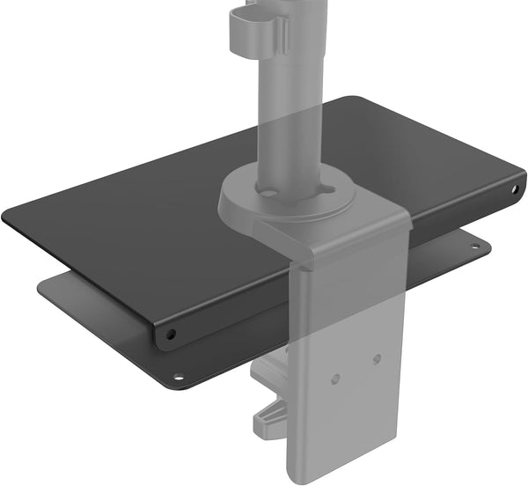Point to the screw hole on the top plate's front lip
(x=171, y=334)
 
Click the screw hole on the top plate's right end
(x=516, y=189)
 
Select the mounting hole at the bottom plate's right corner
(x=475, y=246)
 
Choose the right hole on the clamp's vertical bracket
(x=377, y=359)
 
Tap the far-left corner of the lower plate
(x=44, y=283)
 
